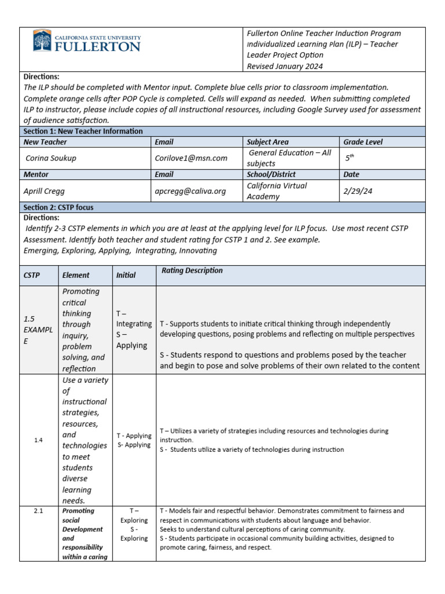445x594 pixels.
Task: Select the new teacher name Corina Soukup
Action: tap(52, 158)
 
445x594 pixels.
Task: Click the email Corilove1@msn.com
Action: tap(191, 158)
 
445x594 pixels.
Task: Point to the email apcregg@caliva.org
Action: tap(191, 190)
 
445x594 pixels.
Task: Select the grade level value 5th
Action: tap(349, 157)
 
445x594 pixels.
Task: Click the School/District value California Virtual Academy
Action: tap(277, 191)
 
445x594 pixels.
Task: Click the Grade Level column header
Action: tap(363, 142)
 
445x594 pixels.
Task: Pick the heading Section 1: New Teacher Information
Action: tap(83, 131)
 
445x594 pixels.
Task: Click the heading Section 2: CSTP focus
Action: tap(59, 207)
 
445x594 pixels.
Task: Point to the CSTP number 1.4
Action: tap(38, 440)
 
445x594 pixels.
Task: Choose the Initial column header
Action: tap(126, 276)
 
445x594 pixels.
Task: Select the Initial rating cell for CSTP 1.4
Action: tap(134, 440)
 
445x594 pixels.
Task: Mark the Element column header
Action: tap(76, 276)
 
